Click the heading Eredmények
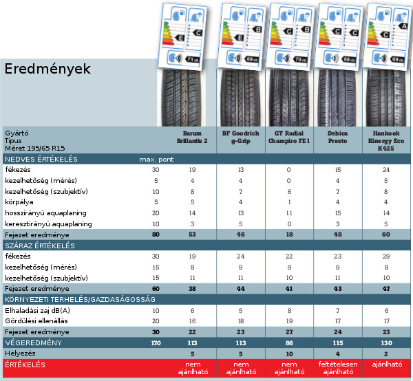[x=47, y=69]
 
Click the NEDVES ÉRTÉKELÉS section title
[x=41, y=160]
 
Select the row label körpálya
[x=20, y=202]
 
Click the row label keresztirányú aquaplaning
[x=48, y=224]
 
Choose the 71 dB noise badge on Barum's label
[x=190, y=61]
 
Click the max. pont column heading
[x=155, y=160]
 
